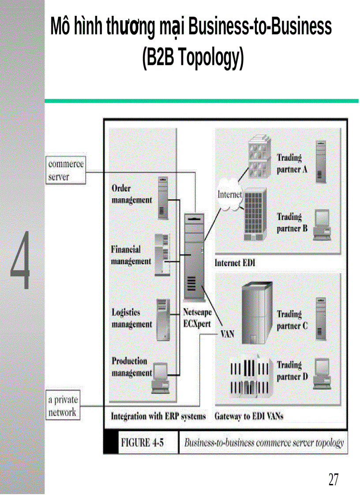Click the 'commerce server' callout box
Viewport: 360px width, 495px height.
(65, 171)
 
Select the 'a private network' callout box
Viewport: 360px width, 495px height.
(63, 406)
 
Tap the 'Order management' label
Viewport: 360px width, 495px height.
(131, 194)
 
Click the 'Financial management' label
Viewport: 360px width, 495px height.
(131, 255)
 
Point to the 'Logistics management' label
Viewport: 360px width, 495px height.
(131, 318)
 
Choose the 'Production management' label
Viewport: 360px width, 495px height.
(131, 367)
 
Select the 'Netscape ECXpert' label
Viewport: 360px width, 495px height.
(197, 318)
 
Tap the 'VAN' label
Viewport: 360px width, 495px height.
(227, 334)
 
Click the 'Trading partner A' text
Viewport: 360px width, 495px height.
(292, 164)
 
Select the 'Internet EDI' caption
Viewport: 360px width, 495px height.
(235, 263)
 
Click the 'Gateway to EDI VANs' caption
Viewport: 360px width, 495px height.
(248, 416)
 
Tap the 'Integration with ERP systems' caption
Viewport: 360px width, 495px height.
(158, 416)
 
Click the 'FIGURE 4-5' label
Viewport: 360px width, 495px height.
(142, 443)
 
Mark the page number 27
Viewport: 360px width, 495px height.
(333, 479)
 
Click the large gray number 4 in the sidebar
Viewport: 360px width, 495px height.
(21, 260)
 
